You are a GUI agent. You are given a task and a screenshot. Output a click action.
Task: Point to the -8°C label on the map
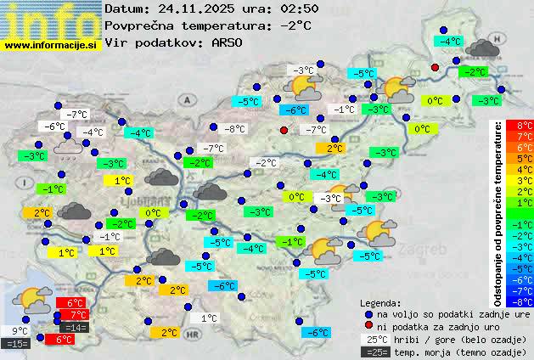point(233,129)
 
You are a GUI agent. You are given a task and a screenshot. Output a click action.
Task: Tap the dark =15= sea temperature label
point(16,344)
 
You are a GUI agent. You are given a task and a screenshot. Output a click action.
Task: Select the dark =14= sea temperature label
point(74,328)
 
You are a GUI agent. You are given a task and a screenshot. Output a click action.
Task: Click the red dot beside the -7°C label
point(284,130)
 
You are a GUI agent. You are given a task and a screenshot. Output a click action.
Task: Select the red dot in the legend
point(368,326)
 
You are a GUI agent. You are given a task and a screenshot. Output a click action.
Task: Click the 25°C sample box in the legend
point(375,339)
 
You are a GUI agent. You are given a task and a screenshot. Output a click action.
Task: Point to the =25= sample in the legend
point(375,352)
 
